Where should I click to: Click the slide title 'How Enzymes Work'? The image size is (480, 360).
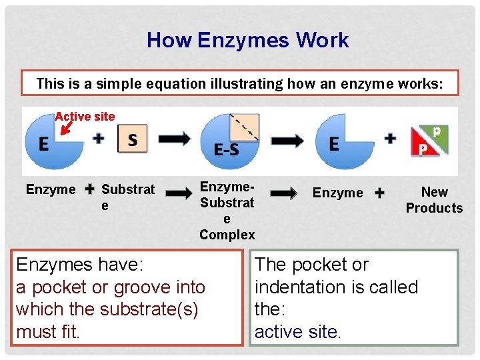pos(247,41)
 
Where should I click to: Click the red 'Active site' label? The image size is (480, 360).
pos(85,117)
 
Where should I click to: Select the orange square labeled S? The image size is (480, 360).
pos(132,139)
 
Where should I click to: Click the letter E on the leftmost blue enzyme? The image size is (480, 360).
pos(43,143)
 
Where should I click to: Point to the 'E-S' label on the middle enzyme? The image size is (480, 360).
pos(227,150)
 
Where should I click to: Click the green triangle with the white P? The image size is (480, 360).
pos(437,135)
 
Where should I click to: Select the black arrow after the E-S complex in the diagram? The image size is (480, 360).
pos(287,141)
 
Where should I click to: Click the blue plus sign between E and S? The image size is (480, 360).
pos(99,139)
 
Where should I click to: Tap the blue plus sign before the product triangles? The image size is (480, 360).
pos(390,139)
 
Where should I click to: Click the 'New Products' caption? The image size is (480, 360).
pos(434,200)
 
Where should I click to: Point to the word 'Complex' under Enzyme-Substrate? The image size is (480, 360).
pos(227,235)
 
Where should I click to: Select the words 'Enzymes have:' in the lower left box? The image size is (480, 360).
pos(79,265)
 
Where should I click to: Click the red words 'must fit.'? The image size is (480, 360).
pos(48,331)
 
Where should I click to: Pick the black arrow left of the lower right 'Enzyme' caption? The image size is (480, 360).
pos(283,193)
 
